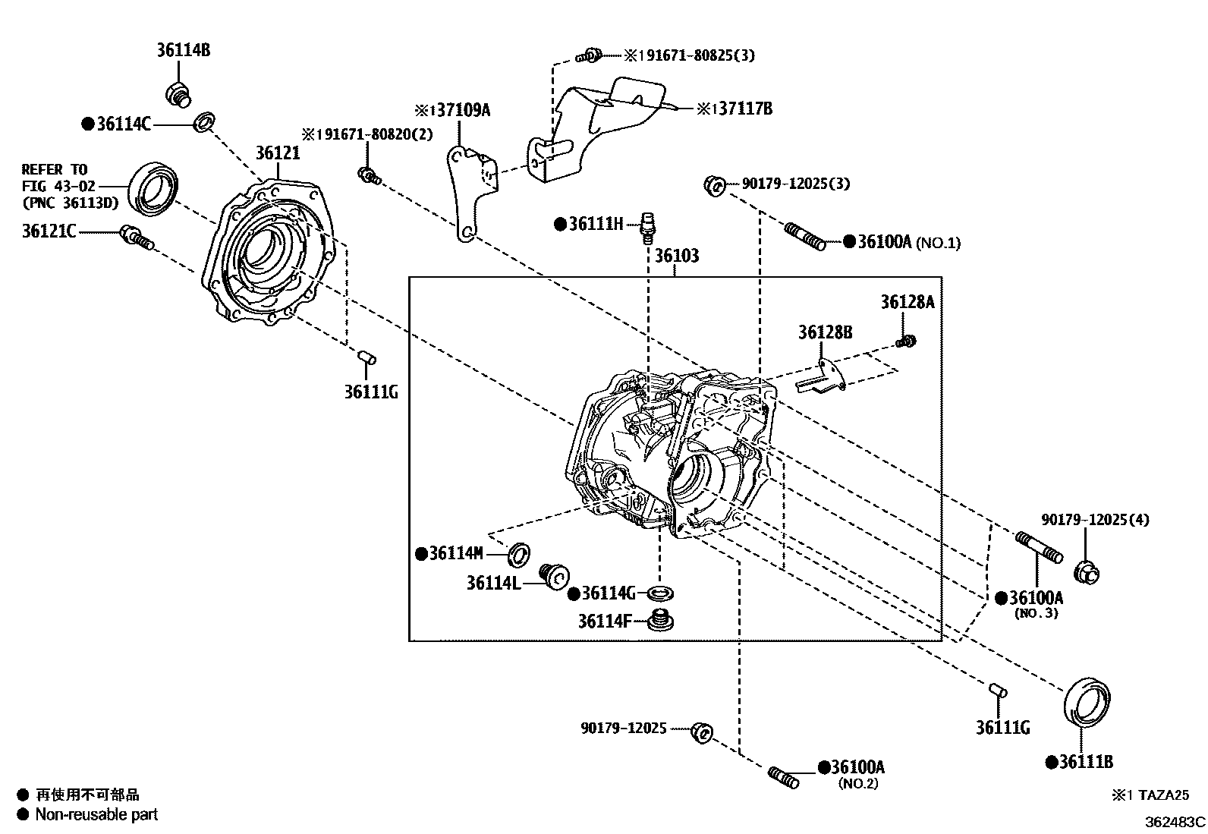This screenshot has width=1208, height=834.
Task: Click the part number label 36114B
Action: pyautogui.click(x=183, y=51)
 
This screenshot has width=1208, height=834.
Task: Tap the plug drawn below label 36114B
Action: pyautogui.click(x=178, y=94)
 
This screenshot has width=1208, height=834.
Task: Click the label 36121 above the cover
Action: pyautogui.click(x=277, y=153)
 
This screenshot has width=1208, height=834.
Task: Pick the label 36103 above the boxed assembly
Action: pyautogui.click(x=676, y=255)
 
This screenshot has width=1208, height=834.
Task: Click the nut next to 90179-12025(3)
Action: pyautogui.click(x=714, y=184)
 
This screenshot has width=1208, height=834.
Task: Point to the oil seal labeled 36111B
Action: pyautogui.click(x=1087, y=703)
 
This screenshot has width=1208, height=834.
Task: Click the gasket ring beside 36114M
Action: pyautogui.click(x=519, y=554)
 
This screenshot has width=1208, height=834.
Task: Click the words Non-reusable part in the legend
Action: pyautogui.click(x=96, y=814)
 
